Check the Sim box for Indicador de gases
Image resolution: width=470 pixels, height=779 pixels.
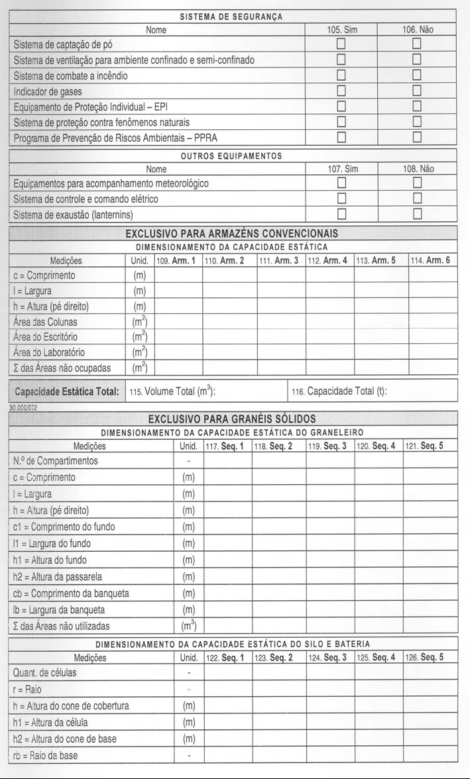coord(341,91)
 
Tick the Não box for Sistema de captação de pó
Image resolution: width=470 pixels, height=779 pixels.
coord(417,44)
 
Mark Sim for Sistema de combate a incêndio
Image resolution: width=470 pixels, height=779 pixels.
coord(341,76)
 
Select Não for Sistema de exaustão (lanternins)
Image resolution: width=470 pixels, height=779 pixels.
coord(418,214)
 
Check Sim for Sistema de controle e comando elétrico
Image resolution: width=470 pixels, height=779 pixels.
coord(341,198)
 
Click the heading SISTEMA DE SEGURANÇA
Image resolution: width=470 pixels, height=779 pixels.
coord(232,17)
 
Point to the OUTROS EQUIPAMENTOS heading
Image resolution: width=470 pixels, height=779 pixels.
coord(232,156)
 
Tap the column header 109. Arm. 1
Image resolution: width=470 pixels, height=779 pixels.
coord(178,260)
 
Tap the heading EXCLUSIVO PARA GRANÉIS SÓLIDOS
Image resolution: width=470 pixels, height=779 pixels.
coord(232,419)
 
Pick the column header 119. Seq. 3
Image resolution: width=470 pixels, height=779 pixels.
coord(329,446)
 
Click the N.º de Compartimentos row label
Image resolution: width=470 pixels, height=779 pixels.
coord(56,461)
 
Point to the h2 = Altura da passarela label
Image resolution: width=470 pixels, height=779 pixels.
coord(58,576)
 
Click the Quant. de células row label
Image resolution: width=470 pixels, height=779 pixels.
coord(44,673)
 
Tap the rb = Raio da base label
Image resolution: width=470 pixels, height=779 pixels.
coord(45,754)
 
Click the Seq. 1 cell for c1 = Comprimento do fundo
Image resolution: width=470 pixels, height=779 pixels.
coord(227,527)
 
